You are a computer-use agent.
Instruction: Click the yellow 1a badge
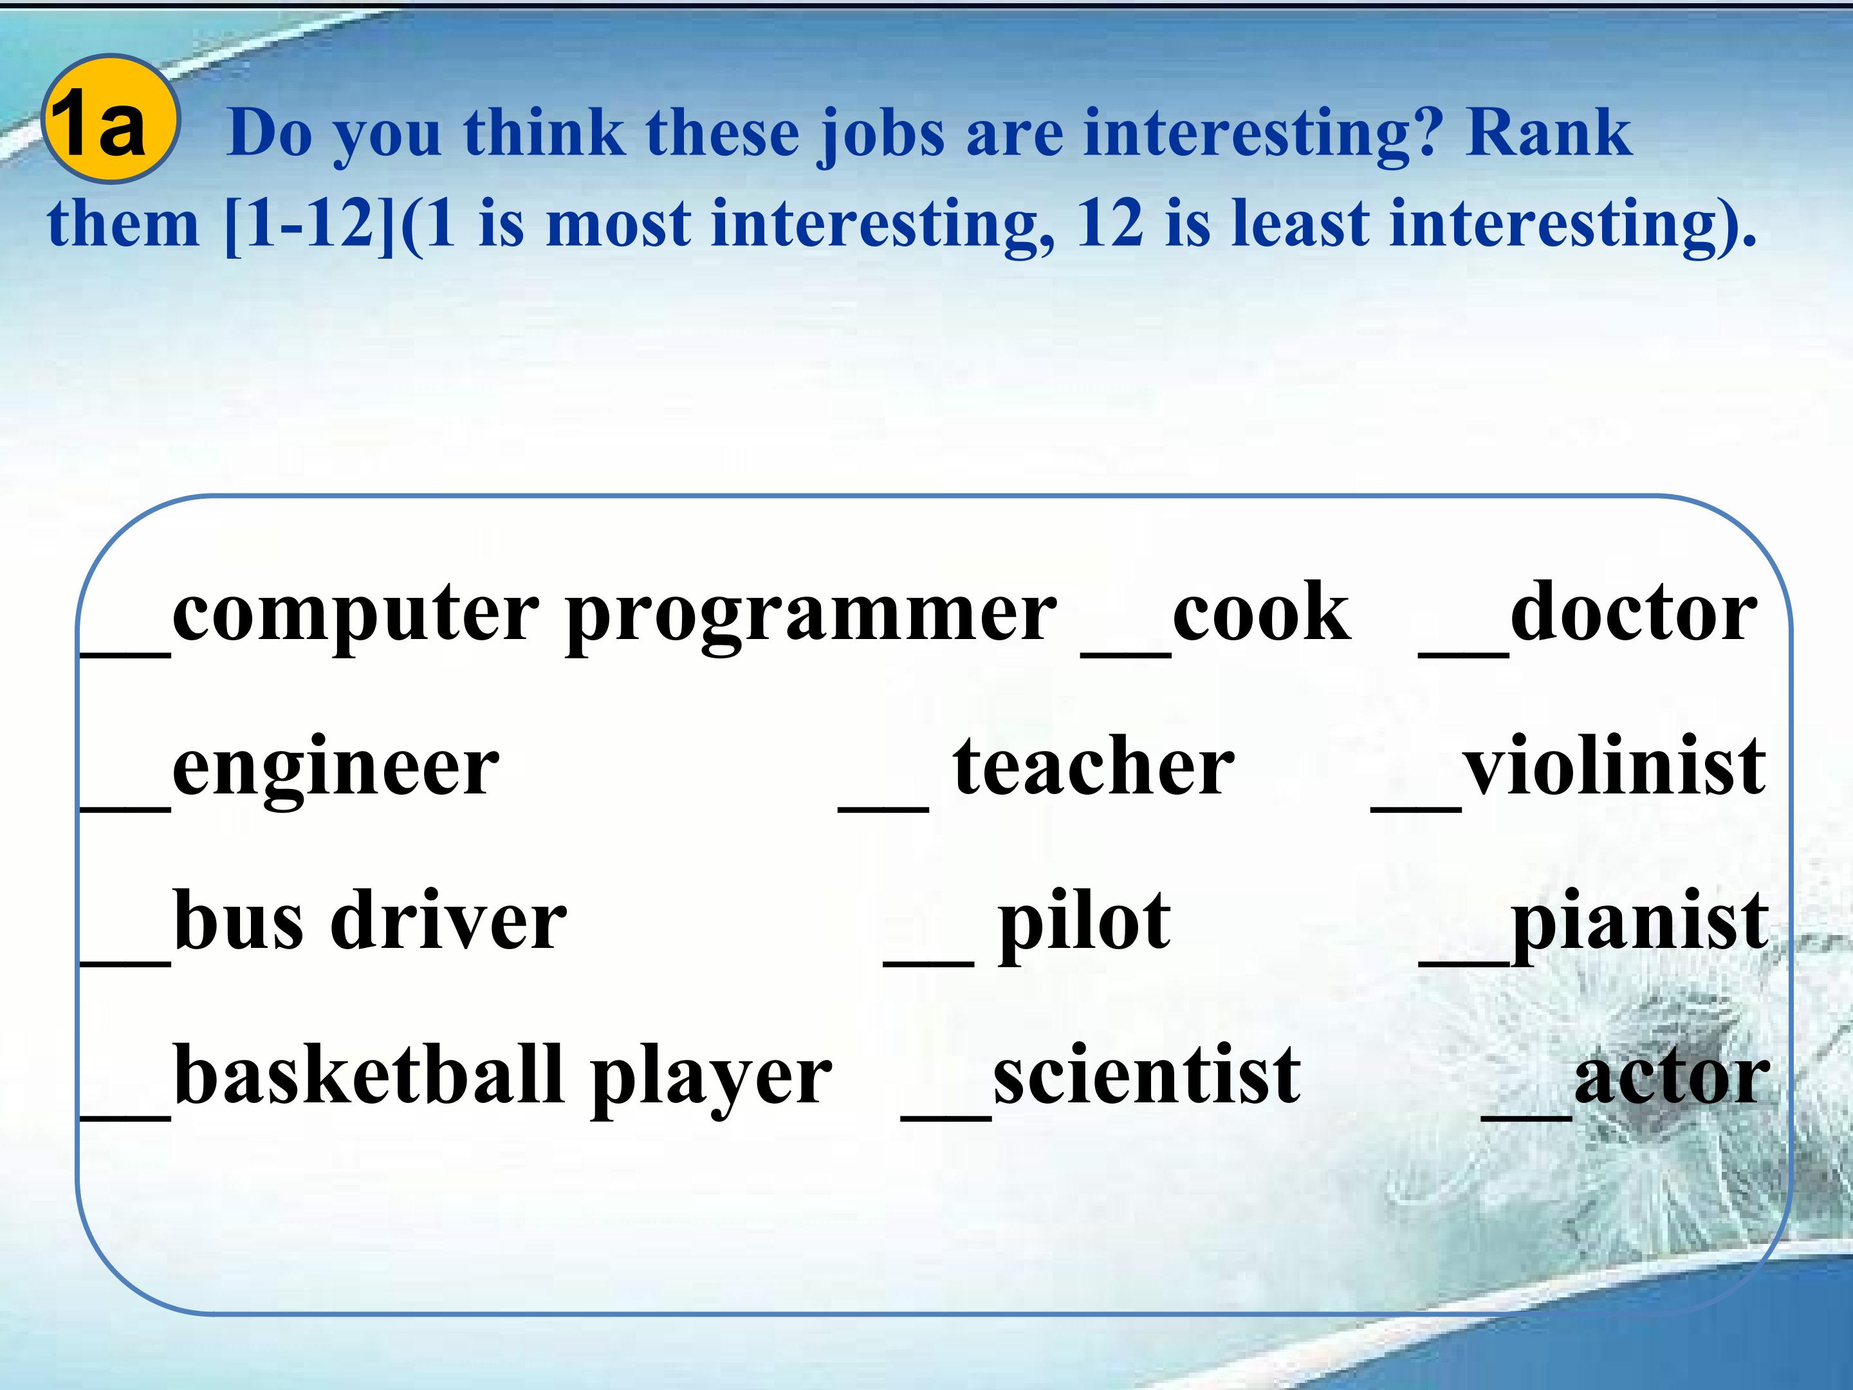[x=111, y=119]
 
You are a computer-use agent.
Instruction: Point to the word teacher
[x=1094, y=766]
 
